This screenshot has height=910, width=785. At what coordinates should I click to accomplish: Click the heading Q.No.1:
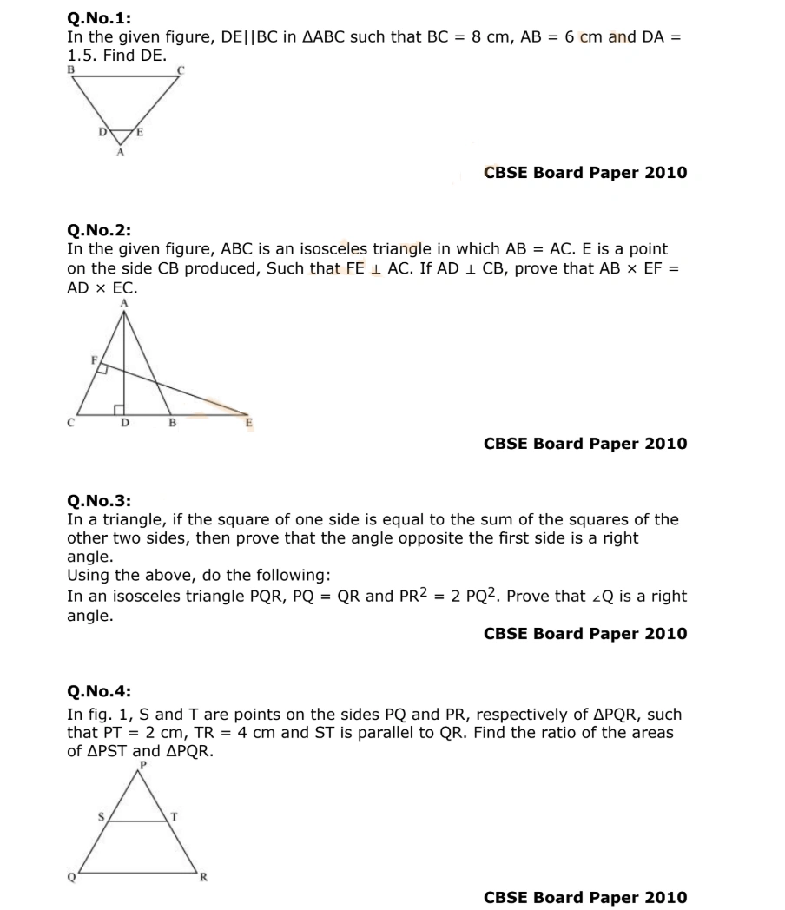pos(99,18)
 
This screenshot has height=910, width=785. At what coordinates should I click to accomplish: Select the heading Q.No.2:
pos(99,230)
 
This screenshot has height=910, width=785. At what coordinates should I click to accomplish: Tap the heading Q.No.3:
pos(99,500)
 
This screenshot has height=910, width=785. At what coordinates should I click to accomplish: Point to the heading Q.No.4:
pos(99,692)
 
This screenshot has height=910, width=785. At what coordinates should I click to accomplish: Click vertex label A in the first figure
pos(121,153)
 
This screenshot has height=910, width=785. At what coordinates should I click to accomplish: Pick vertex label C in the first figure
pos(181,69)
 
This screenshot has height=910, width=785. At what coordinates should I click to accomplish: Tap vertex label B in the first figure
pos(71,69)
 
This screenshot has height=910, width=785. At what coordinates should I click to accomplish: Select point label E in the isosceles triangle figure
pos(249,423)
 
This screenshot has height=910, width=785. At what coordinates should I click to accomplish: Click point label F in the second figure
pos(95,358)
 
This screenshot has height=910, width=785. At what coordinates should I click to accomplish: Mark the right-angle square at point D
pos(119,408)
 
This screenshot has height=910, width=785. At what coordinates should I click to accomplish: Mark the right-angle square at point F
pos(102,369)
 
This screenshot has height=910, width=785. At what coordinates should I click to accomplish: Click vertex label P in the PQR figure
pos(143,764)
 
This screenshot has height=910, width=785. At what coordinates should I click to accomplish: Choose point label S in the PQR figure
pos(101,816)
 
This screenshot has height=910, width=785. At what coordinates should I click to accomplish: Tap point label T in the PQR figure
pos(175,816)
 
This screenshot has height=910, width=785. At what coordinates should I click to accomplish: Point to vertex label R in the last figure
pos(204,877)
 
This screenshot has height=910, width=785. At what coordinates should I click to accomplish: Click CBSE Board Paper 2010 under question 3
pos(584,634)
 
